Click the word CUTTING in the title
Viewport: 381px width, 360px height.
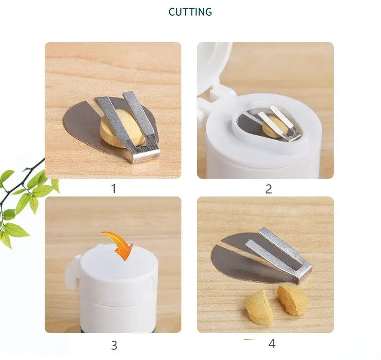[x=190, y=12]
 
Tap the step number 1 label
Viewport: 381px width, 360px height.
[x=113, y=188]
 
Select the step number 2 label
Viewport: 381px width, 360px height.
[x=269, y=189]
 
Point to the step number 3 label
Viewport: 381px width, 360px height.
[x=114, y=345]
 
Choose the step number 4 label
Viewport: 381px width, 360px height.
[x=272, y=343]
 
